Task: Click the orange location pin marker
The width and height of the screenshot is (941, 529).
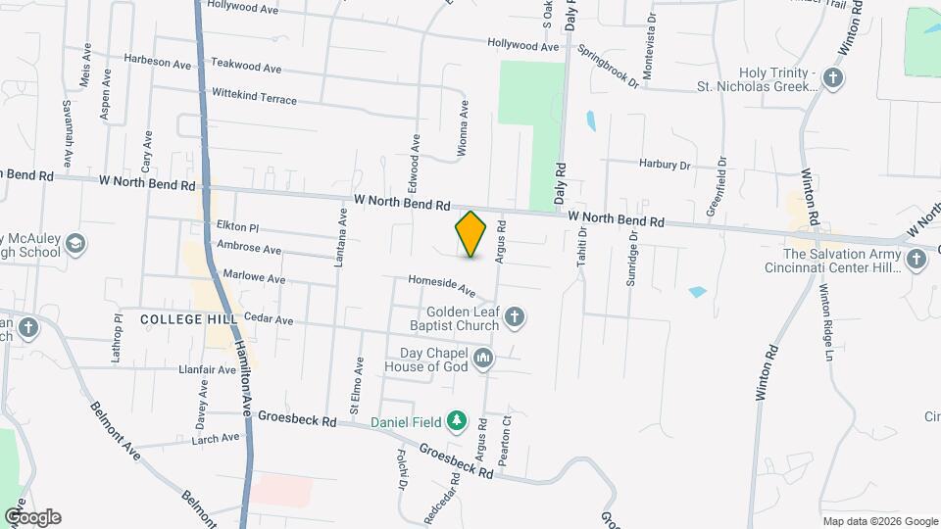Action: click(470, 234)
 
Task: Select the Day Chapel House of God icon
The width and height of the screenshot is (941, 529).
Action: click(482, 360)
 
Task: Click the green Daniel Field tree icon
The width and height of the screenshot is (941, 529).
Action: click(456, 421)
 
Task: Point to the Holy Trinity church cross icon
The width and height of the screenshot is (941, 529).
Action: click(833, 78)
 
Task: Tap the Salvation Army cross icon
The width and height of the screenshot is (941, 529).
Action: click(916, 260)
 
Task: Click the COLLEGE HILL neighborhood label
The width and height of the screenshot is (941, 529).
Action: click(176, 319)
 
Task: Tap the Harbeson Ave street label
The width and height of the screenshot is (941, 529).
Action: click(157, 60)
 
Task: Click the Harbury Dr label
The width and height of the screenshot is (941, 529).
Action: click(666, 165)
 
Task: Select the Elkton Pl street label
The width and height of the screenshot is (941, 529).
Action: click(237, 226)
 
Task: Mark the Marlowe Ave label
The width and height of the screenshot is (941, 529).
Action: click(254, 278)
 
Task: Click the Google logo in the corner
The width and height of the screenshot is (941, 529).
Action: click(32, 516)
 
